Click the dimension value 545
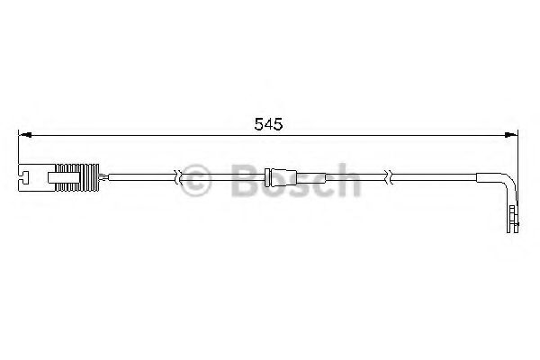coord(268,125)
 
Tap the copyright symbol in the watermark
coord(195,181)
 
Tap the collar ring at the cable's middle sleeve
coord(274,175)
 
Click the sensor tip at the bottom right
coord(513,220)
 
